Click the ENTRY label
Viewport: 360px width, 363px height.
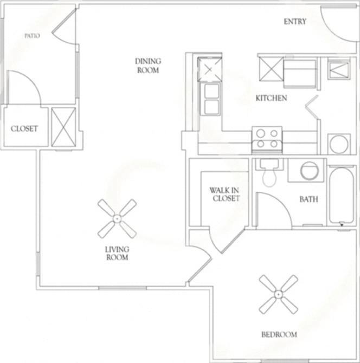(x=295, y=22)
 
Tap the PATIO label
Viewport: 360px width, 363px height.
(x=32, y=36)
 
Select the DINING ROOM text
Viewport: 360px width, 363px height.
(x=147, y=66)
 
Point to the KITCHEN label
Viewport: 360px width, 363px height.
(x=271, y=98)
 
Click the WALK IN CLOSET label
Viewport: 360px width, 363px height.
(x=224, y=194)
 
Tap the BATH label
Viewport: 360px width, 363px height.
(x=308, y=199)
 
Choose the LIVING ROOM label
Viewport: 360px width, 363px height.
(x=117, y=253)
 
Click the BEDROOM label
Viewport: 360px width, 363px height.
(x=279, y=334)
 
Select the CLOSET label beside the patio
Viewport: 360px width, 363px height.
(x=24, y=128)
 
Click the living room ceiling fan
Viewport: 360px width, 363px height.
(x=117, y=218)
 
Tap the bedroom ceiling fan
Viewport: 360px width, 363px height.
(x=278, y=294)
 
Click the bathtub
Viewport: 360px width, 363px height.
(x=342, y=195)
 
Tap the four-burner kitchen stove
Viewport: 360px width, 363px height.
(x=267, y=138)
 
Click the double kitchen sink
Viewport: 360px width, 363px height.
(x=211, y=99)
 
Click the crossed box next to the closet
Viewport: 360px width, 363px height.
(x=63, y=127)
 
